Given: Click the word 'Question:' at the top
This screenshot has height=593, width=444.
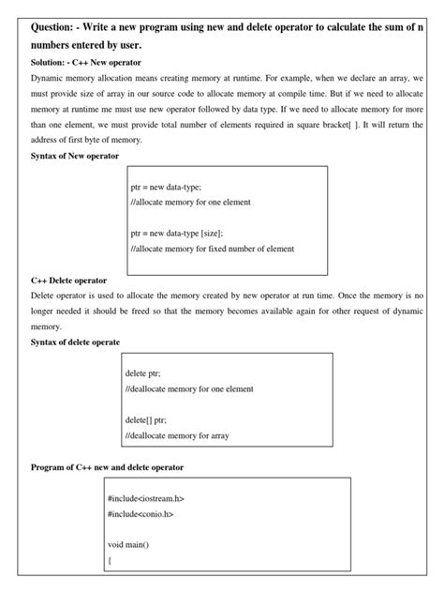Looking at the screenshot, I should [55, 26].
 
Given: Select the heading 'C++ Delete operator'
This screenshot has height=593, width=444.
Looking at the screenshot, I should [69, 280].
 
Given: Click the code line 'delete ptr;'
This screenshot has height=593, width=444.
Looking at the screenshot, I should [142, 373].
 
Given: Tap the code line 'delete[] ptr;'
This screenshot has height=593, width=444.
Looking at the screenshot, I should [146, 418].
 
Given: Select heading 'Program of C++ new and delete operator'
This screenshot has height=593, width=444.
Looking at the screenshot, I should [108, 466].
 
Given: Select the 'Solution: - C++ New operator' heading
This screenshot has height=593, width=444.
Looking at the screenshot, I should [86, 62].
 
